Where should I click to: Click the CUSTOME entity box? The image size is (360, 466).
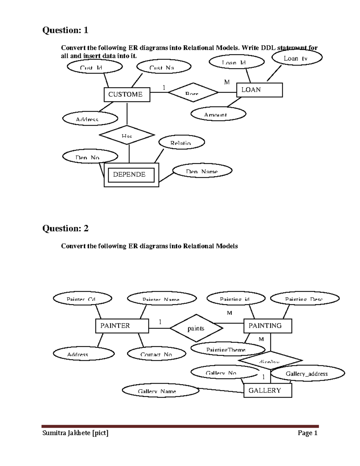(x=127, y=95)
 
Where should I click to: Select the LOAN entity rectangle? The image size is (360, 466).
(x=259, y=90)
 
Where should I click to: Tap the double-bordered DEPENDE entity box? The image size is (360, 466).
(x=131, y=175)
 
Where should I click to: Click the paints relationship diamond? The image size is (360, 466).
(x=196, y=328)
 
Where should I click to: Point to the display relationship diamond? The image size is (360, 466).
(x=270, y=360)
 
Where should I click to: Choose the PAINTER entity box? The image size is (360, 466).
(x=122, y=326)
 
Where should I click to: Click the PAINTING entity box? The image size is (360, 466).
(x=268, y=326)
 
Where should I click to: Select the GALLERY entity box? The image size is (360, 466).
(x=268, y=390)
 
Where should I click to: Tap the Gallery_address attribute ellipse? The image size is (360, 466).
(x=307, y=374)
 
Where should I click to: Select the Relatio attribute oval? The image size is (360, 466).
(x=182, y=142)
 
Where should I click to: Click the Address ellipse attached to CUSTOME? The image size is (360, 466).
(x=90, y=119)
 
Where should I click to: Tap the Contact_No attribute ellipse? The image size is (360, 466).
(x=157, y=353)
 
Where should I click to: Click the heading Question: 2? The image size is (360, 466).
(x=65, y=228)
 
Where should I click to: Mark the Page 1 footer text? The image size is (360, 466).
(x=307, y=433)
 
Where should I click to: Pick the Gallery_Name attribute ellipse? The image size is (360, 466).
(x=160, y=390)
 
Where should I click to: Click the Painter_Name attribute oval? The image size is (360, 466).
(x=162, y=299)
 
